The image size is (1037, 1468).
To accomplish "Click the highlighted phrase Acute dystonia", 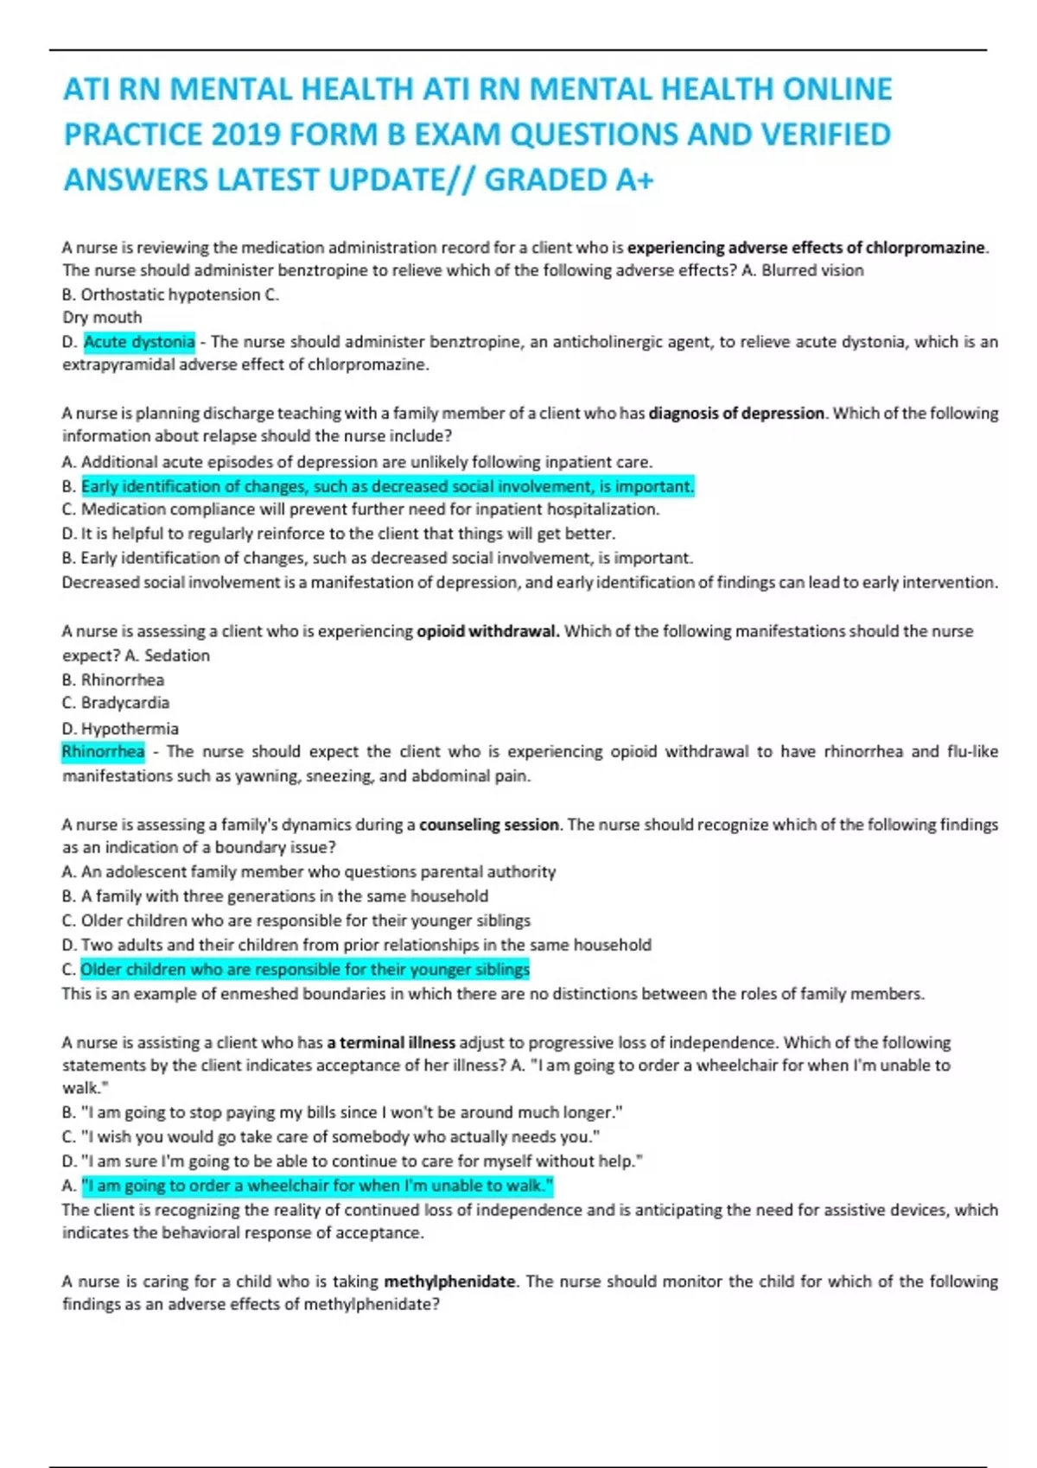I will pyautogui.click(x=139, y=342).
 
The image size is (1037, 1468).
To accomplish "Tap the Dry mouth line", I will pyautogui.click(x=102, y=318).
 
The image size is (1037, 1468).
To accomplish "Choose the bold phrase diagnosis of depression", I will pyautogui.click(x=736, y=414).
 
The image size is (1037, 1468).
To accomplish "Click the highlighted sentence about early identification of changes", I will pyautogui.click(x=387, y=487).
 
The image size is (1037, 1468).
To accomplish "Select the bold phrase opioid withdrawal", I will pyautogui.click(x=487, y=631).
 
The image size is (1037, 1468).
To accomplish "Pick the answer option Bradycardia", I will pyautogui.click(x=124, y=703).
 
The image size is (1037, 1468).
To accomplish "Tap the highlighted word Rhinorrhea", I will pyautogui.click(x=103, y=751).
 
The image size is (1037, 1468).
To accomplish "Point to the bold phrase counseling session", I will pyautogui.click(x=489, y=825).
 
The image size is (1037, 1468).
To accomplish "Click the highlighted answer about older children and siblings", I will pyautogui.click(x=305, y=970).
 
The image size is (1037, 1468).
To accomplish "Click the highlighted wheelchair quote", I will pyautogui.click(x=317, y=1186).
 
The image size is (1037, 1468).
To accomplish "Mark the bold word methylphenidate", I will pyautogui.click(x=449, y=1281).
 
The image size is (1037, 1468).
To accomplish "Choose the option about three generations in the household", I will pyautogui.click(x=284, y=896).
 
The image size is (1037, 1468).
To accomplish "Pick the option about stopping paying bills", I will pyautogui.click(x=351, y=1113).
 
